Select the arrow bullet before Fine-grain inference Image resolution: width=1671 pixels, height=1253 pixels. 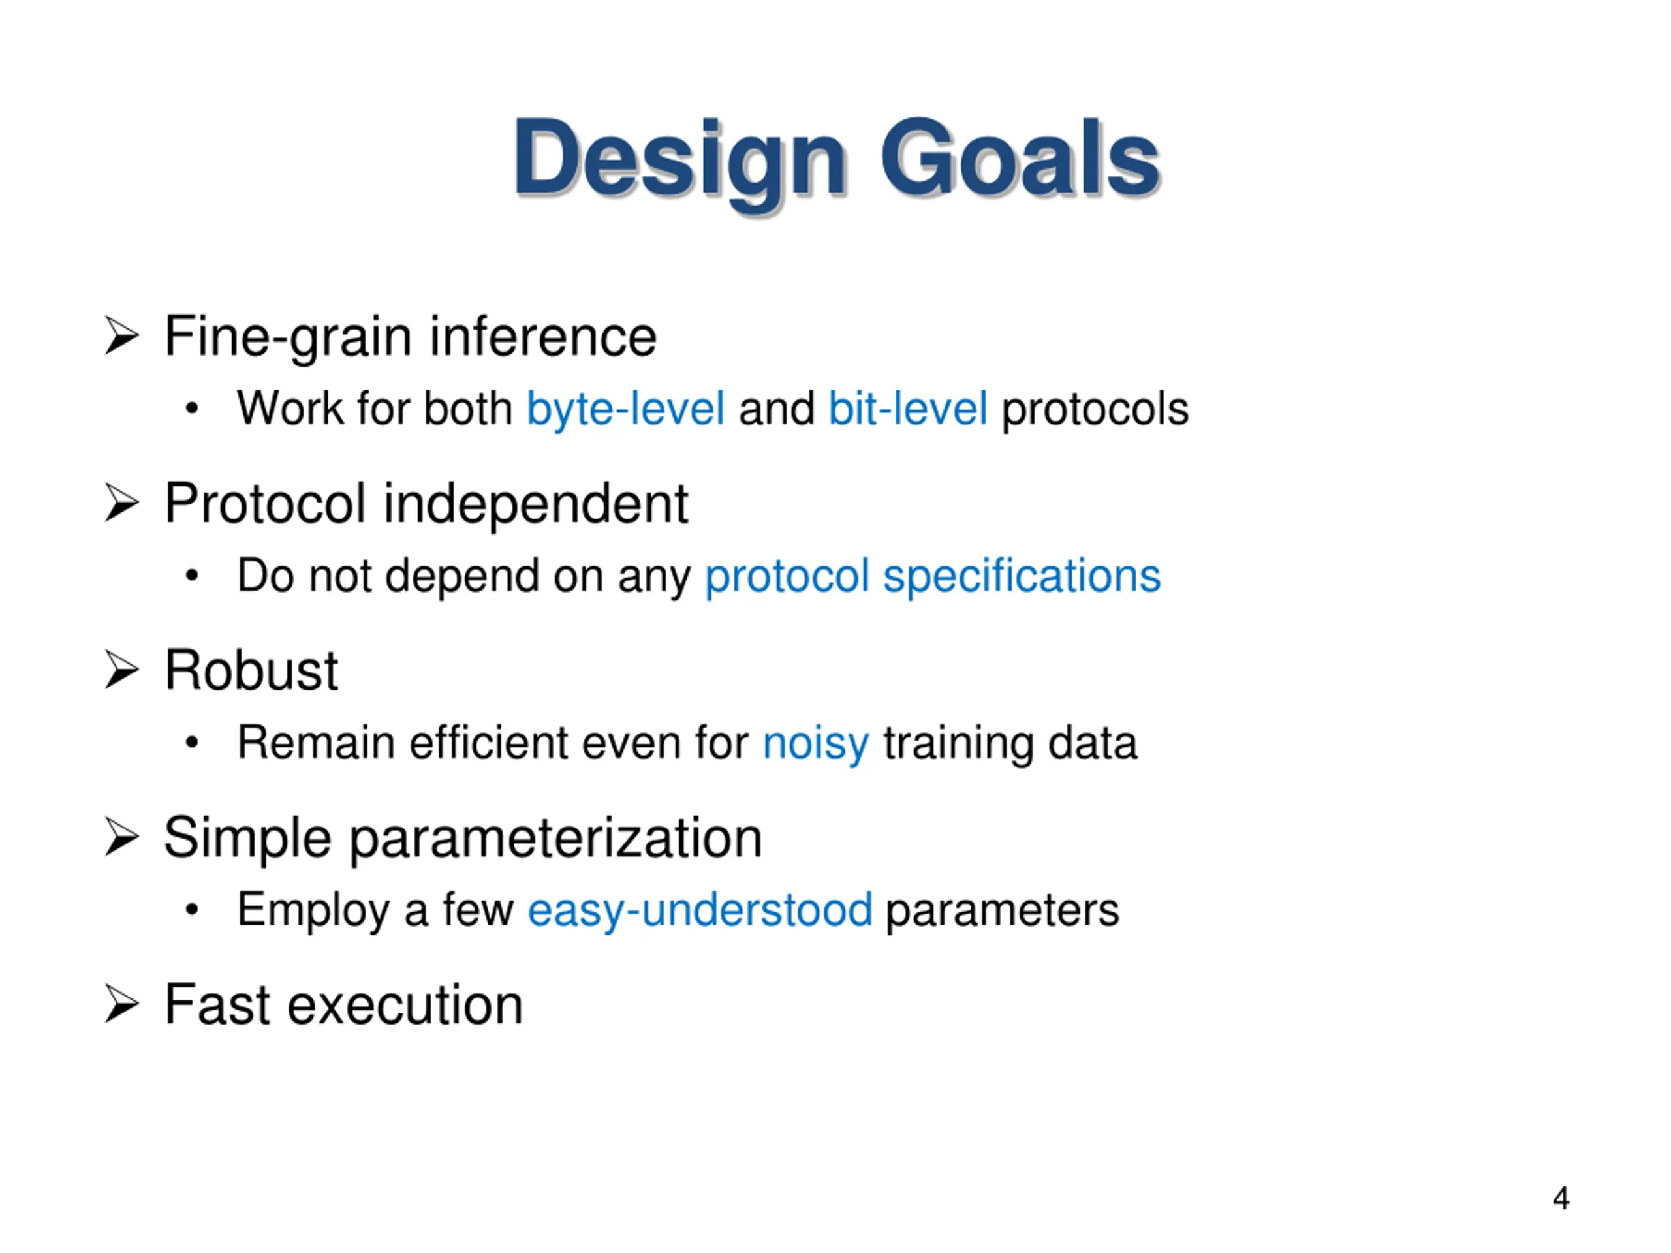click(121, 336)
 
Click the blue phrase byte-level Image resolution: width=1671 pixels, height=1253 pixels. click(625, 409)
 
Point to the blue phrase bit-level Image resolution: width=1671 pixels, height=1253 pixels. click(908, 409)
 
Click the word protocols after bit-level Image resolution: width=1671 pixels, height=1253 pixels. click(1095, 410)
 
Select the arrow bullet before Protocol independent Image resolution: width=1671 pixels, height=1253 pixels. click(121, 503)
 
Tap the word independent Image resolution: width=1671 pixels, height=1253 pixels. click(537, 504)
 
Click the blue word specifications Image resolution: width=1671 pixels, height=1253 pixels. click(1022, 577)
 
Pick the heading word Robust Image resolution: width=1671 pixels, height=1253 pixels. click(251, 670)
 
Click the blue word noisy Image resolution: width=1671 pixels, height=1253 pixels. click(816, 745)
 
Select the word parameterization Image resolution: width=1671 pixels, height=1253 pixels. click(556, 839)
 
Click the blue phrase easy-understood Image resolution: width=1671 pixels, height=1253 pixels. click(700, 911)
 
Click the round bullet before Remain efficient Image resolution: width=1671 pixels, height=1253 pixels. click(192, 743)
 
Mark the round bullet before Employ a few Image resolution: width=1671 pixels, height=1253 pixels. click(192, 910)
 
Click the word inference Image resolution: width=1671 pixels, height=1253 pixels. click(543, 336)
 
